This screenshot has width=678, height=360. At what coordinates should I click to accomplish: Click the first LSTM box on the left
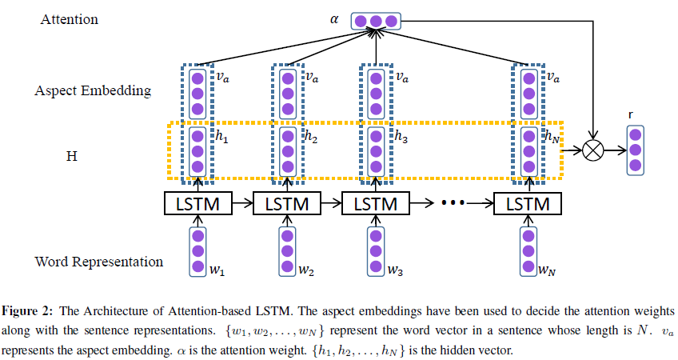pyautogui.click(x=197, y=203)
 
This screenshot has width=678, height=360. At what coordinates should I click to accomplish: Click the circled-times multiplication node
pyautogui.click(x=592, y=150)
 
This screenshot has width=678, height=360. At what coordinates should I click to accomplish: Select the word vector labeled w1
pyautogui.click(x=197, y=252)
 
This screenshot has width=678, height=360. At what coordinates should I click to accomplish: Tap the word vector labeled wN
pyautogui.click(x=527, y=252)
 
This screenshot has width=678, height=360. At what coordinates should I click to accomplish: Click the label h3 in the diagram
pyautogui.click(x=401, y=137)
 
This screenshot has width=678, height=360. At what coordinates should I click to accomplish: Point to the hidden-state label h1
pyautogui.click(x=221, y=137)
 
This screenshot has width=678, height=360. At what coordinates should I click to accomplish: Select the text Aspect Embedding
pyautogui.click(x=93, y=90)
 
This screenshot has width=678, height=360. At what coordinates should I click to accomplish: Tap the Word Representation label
pyautogui.click(x=99, y=262)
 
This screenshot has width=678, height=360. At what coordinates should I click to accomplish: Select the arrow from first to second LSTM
pyautogui.click(x=241, y=203)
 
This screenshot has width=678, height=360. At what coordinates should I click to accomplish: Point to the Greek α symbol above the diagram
pyautogui.click(x=334, y=16)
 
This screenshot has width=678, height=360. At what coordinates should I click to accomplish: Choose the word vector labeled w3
pyautogui.click(x=374, y=252)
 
